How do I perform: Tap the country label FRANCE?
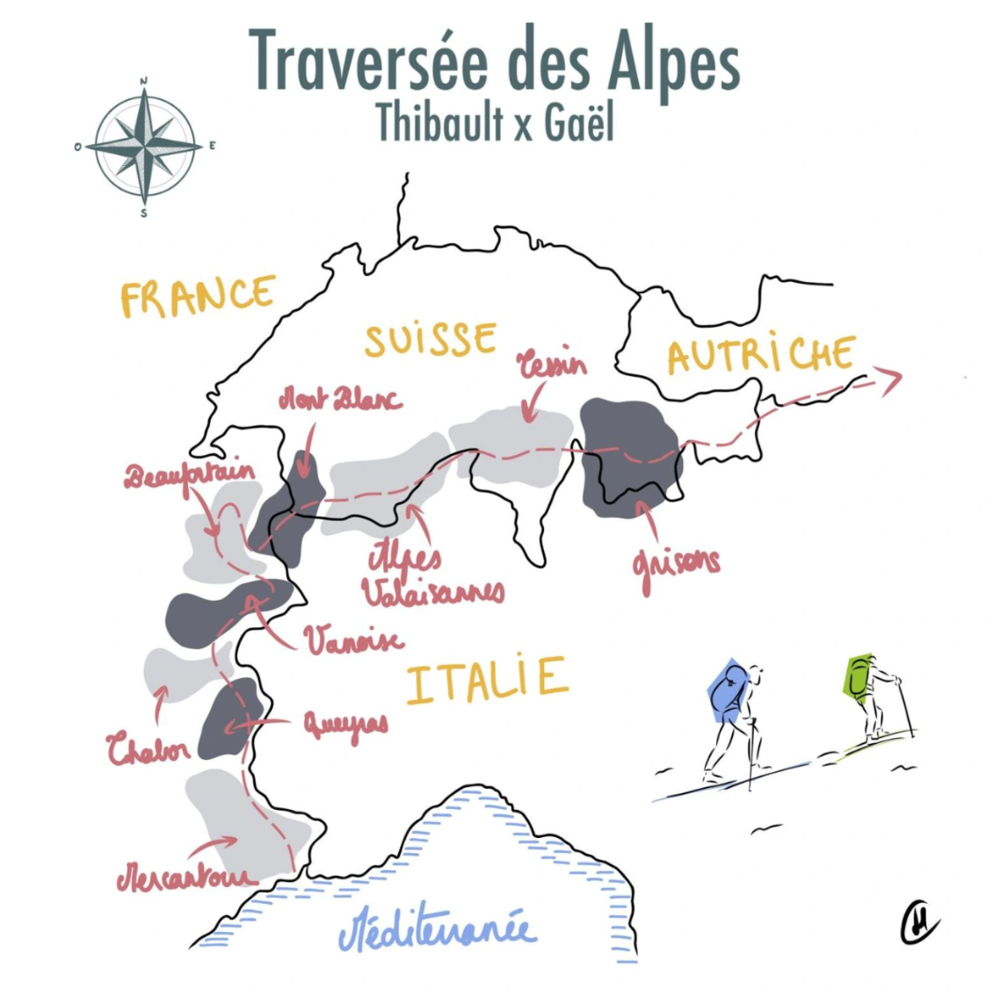[198, 297]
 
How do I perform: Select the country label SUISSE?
[431, 339]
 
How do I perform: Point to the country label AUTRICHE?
[761, 354]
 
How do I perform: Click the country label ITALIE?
[486, 681]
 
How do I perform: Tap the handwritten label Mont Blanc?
[339, 401]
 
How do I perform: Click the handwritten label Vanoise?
[354, 640]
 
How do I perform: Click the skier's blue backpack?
[727, 693]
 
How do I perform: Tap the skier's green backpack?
[859, 676]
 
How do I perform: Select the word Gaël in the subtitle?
[577, 122]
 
